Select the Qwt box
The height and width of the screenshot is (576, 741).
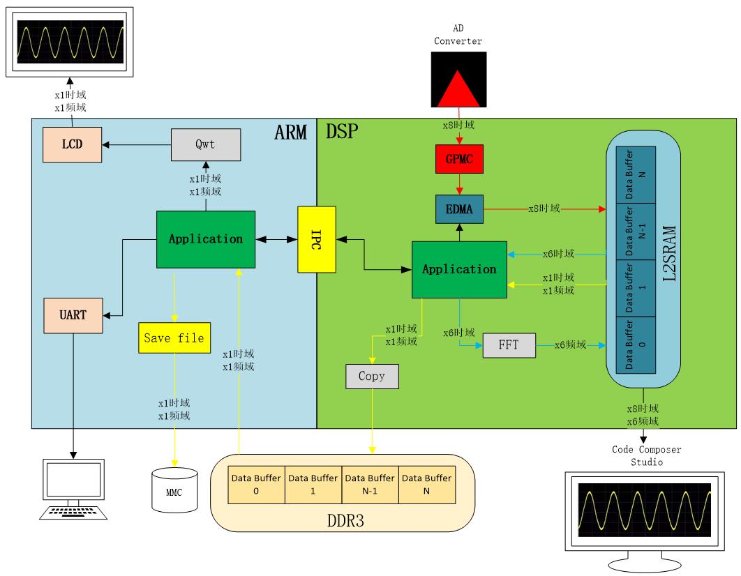[206, 144]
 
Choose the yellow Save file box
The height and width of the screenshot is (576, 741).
[174, 338]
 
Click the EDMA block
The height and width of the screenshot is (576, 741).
[458, 209]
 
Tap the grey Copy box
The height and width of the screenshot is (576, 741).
[372, 377]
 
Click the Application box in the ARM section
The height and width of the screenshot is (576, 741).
[205, 238]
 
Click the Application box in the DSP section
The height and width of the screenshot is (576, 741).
[458, 269]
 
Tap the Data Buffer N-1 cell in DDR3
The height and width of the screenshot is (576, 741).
[369, 484]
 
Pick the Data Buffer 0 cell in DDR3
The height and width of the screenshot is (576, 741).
[256, 484]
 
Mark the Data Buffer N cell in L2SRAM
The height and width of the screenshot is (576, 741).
[636, 174]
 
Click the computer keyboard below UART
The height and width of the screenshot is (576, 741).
[73, 513]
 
